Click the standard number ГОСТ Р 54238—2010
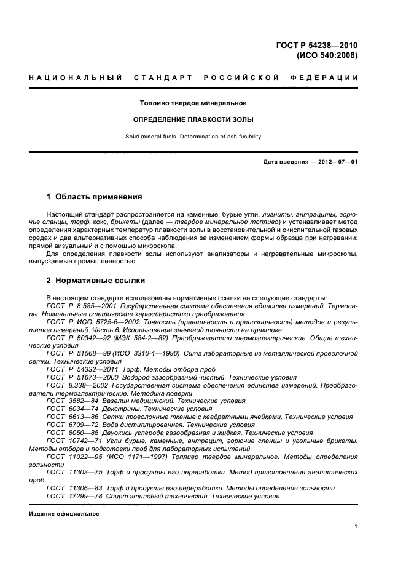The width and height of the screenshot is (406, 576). click(x=320, y=44)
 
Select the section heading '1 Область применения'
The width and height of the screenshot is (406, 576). click(x=95, y=197)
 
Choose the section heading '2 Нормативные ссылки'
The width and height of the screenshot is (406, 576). click(x=96, y=281)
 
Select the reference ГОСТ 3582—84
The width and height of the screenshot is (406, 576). click(x=68, y=401)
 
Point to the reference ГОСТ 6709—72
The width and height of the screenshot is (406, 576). click(x=68, y=425)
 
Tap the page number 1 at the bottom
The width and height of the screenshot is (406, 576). click(x=356, y=527)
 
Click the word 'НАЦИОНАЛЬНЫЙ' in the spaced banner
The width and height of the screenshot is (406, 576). click(x=68, y=78)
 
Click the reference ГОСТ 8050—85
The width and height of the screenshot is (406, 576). click(x=68, y=433)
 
